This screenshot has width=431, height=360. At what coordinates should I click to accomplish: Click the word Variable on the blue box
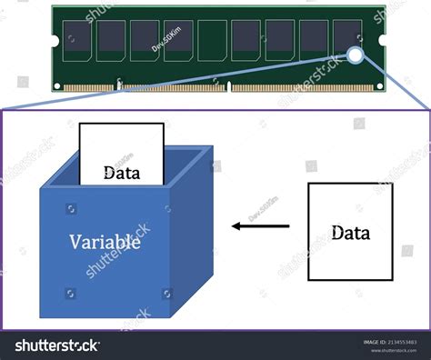[x=105, y=242]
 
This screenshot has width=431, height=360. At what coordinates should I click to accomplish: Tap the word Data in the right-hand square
[x=350, y=233]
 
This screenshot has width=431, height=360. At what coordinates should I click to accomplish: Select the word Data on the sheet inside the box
[x=121, y=171]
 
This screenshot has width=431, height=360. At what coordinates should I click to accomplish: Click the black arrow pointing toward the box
[x=260, y=225]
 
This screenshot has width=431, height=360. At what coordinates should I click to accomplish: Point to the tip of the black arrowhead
[x=232, y=225]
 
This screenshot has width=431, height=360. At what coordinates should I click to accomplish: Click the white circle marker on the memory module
[x=356, y=55]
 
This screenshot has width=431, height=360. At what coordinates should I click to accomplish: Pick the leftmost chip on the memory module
[x=76, y=39]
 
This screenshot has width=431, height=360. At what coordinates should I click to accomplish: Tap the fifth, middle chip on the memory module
[x=212, y=39]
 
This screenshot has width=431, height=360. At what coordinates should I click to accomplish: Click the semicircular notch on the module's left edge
[x=55, y=41]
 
